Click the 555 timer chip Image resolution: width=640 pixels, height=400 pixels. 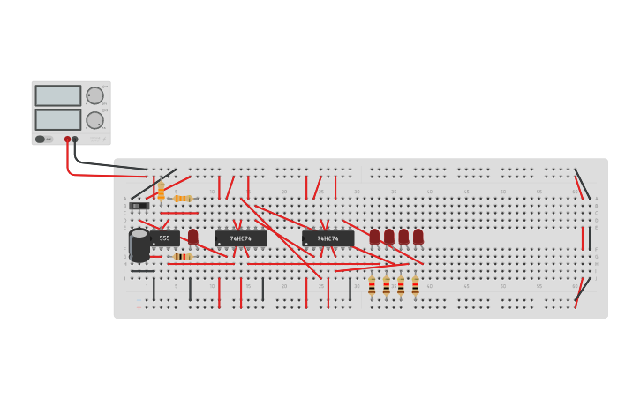(x=165, y=238)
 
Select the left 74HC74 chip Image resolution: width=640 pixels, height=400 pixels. (x=240, y=238)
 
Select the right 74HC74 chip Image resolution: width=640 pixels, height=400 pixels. (x=328, y=238)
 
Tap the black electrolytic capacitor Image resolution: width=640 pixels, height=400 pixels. (x=139, y=245)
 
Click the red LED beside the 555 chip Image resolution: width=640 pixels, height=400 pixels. (x=192, y=237)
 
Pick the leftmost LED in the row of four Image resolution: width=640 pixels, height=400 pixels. (x=374, y=237)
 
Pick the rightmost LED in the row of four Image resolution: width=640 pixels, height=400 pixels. (x=418, y=237)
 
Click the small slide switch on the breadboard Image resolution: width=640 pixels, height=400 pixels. (x=139, y=206)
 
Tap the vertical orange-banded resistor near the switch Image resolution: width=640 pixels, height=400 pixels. (x=161, y=190)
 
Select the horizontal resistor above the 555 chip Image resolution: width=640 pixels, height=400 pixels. (x=183, y=199)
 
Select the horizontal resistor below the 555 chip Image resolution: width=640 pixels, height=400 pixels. (x=183, y=257)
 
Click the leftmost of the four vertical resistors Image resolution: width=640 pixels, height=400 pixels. (x=372, y=285)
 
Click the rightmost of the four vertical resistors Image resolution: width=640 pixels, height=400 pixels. (x=415, y=285)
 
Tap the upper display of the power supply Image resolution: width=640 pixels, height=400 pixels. (x=58, y=95)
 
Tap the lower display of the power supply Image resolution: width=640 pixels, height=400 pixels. (x=58, y=119)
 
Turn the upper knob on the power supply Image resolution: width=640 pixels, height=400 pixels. (x=94, y=95)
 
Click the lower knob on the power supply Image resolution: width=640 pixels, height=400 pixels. (x=94, y=120)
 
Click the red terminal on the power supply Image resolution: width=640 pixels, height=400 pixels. (x=67, y=140)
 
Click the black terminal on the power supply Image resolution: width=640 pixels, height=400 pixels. (x=75, y=140)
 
